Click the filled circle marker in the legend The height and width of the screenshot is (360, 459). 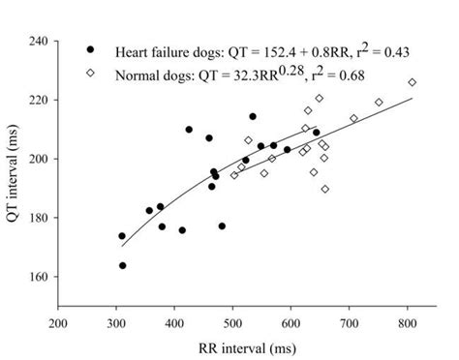tap(91, 49)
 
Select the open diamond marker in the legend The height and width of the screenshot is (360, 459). tap(91, 73)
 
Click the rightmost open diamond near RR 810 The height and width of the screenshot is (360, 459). tap(412, 83)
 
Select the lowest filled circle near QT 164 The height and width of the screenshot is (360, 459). tap(123, 265)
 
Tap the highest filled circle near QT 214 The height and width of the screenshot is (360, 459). tap(253, 116)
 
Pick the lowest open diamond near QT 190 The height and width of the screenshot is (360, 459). tap(324, 189)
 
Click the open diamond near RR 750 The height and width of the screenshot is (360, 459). tap(379, 103)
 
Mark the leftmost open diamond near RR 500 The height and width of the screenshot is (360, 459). tap(234, 175)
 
